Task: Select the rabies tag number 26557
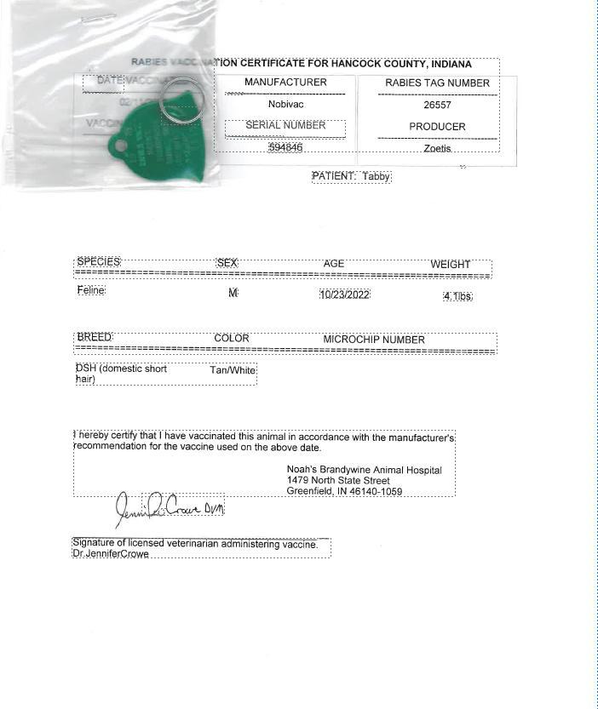click(437, 106)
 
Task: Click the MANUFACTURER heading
click(285, 83)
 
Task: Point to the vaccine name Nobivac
click(285, 104)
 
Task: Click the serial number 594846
click(285, 147)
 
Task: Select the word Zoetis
click(437, 148)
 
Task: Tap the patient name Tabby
click(376, 176)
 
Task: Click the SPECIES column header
click(98, 262)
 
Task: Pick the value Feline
click(91, 291)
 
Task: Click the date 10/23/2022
click(344, 294)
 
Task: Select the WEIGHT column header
click(450, 264)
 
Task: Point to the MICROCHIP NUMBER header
click(373, 339)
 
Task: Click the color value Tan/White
click(233, 370)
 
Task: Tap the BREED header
click(94, 338)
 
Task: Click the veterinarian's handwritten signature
click(169, 508)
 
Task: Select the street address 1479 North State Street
click(338, 481)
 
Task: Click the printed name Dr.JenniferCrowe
click(111, 554)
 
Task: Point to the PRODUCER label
click(437, 127)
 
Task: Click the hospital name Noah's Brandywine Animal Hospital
click(364, 470)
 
